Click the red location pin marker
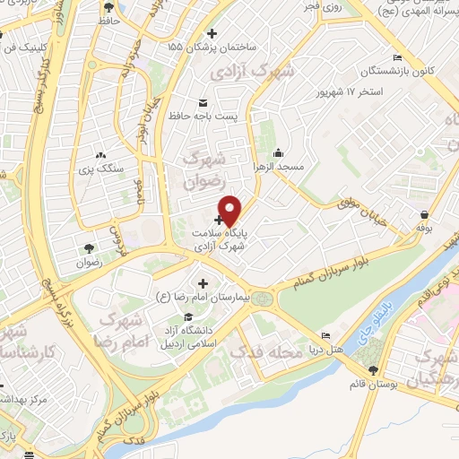click(230, 210)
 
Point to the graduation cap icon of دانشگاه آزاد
click(187, 316)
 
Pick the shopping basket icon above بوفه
click(423, 215)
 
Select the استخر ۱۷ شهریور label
click(350, 92)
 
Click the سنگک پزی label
click(98, 169)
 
